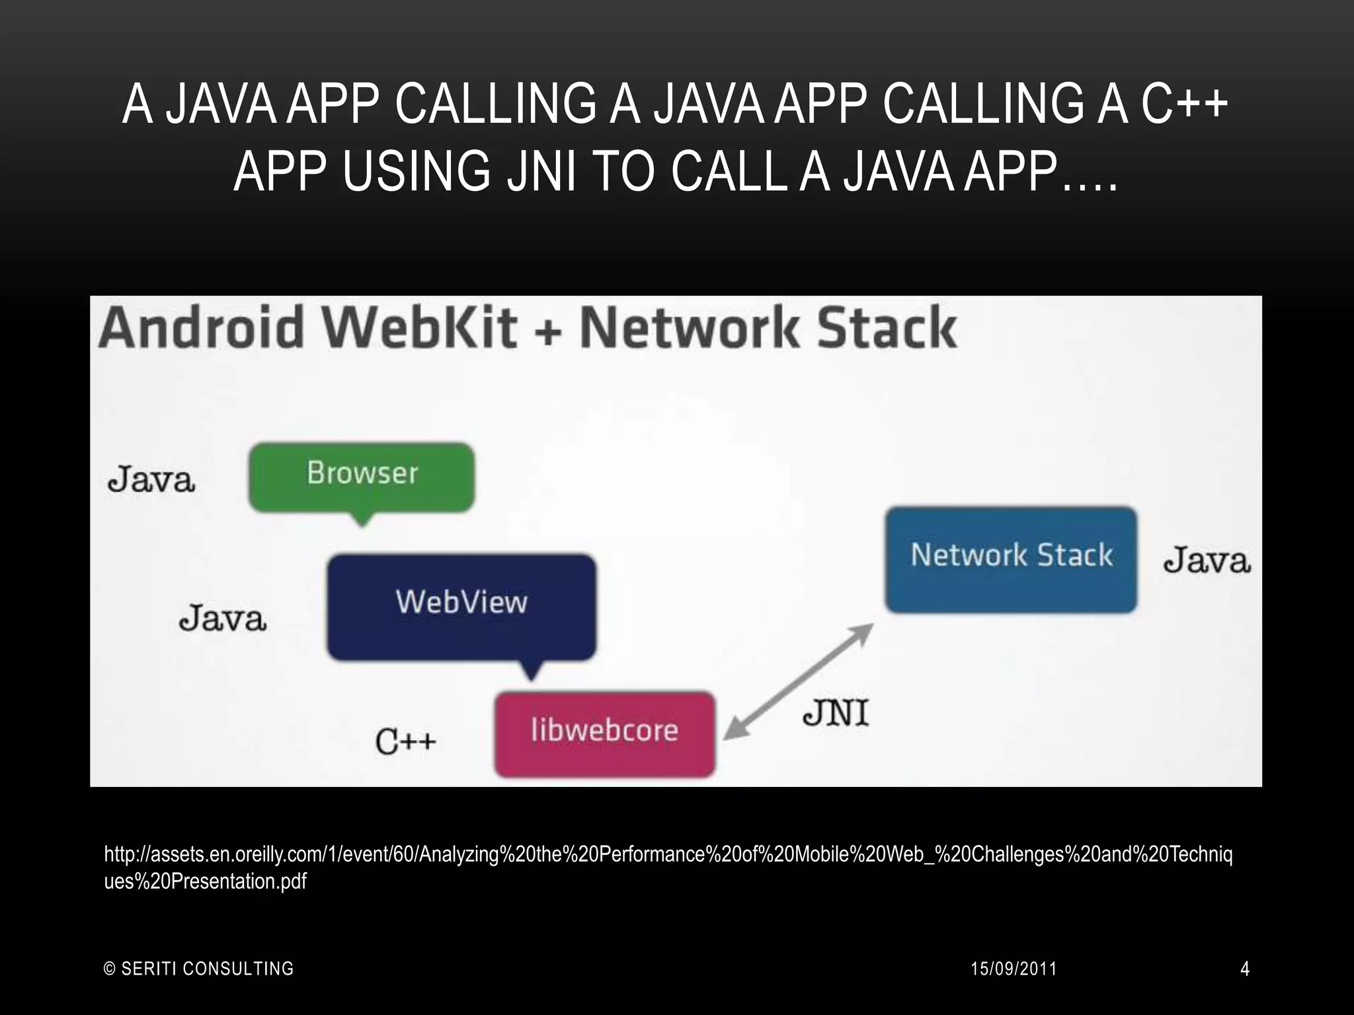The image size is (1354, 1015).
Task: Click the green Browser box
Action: (x=362, y=476)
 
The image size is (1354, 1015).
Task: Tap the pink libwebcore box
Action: (x=604, y=733)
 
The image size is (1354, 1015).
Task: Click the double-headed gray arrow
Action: (x=798, y=681)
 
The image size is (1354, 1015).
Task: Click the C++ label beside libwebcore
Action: (x=405, y=741)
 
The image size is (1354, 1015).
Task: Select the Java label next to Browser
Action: (x=151, y=480)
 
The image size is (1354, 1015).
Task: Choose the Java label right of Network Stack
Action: (x=1207, y=561)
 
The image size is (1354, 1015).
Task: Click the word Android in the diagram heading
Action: (x=200, y=328)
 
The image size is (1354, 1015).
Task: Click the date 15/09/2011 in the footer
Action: (x=1014, y=969)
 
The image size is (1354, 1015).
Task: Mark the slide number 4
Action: (x=1244, y=969)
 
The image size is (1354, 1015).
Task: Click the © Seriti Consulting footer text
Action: (x=199, y=969)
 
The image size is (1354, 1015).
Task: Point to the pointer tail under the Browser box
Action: (x=362, y=519)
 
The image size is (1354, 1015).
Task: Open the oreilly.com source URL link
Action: (x=668, y=855)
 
